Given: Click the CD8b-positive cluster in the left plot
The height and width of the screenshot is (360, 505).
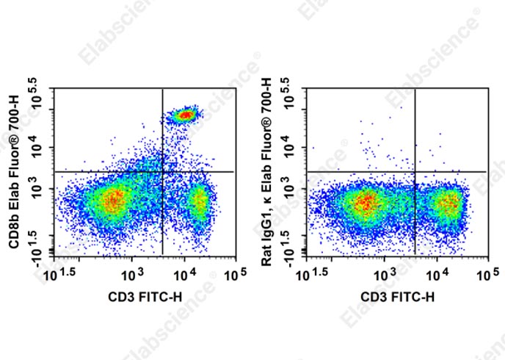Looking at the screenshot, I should tap(185, 115).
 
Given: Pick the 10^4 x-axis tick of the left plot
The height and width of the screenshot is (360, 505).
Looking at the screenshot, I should tap(184, 274).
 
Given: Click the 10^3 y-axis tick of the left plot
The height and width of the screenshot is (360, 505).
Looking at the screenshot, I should tap(38, 188).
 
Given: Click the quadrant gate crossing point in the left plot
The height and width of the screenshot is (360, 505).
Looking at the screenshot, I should tap(162, 172).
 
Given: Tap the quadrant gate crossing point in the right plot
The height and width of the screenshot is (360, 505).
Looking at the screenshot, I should tap(415, 172).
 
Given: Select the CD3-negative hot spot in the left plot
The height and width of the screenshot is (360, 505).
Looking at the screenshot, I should tap(112, 200).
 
